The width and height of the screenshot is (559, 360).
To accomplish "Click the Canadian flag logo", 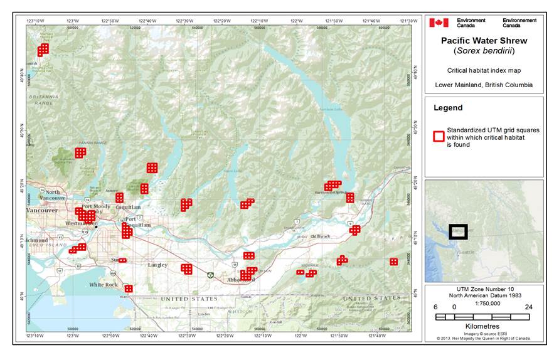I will click(x=439, y=23).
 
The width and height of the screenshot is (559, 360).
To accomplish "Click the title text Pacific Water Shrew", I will click(x=484, y=41).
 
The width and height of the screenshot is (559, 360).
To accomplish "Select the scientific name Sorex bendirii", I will click(x=484, y=51).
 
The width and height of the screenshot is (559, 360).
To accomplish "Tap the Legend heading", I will click(x=448, y=108).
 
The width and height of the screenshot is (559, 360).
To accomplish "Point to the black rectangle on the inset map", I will click(x=458, y=232).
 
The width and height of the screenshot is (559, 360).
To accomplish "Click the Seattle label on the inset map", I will click(x=466, y=252).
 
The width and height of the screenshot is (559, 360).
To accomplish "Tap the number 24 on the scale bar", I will click(x=528, y=308).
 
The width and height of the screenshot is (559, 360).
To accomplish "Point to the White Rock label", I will click(x=103, y=285).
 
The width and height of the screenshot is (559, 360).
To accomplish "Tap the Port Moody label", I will click(x=95, y=206).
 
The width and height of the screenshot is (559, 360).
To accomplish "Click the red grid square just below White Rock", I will click(x=129, y=289).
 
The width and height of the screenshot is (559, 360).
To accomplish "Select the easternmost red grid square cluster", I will click(x=393, y=262).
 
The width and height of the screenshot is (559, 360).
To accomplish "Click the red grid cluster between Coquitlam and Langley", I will click(x=127, y=231).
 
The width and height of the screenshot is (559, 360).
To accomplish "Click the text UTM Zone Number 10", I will click(x=483, y=292).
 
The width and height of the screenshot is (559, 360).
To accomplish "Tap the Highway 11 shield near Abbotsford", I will click(x=210, y=275).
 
